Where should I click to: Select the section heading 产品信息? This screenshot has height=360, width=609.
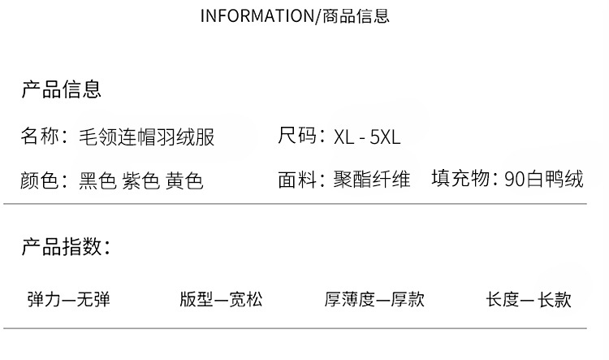click(x=61, y=89)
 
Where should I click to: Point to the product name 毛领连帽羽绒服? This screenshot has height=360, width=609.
click(x=146, y=136)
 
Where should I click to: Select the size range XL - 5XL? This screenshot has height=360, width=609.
click(x=367, y=137)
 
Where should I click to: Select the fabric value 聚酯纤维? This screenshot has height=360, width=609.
click(x=372, y=180)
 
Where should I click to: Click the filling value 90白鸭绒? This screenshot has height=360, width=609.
click(x=543, y=180)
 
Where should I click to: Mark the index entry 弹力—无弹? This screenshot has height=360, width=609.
click(x=68, y=300)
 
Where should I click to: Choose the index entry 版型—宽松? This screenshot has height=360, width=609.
click(x=221, y=300)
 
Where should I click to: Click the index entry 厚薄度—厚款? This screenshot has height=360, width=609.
click(x=374, y=300)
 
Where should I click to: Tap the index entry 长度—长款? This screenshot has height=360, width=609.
click(x=529, y=300)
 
